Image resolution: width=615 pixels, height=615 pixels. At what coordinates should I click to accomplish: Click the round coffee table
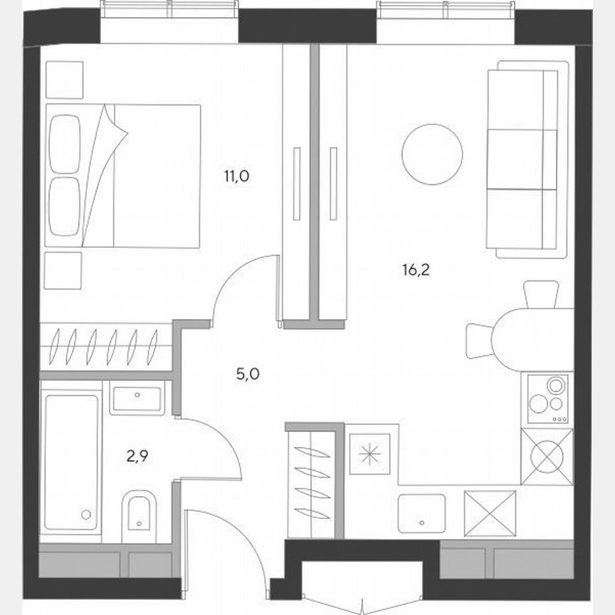click(x=432, y=154)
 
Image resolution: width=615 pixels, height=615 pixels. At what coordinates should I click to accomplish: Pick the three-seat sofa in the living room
click(x=528, y=159)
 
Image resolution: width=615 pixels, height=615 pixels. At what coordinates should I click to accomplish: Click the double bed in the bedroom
click(x=122, y=175)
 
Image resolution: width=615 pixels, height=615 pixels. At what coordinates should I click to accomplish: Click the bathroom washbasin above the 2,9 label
click(x=137, y=397)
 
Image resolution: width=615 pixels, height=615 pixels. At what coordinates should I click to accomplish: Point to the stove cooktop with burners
click(x=547, y=400)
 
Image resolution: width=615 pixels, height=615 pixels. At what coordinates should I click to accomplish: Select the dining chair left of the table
click(x=480, y=340)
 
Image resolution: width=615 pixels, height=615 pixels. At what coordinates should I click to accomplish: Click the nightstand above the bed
click(x=64, y=80)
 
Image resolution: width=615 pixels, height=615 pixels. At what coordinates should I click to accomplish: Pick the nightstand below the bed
click(x=63, y=270)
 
